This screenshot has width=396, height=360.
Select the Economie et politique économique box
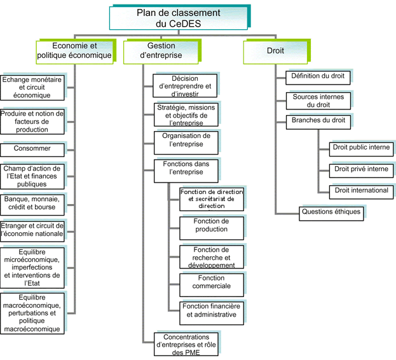click(74, 51)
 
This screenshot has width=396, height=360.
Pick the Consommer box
click(34, 149)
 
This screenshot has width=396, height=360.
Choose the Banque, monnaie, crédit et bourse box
click(34, 202)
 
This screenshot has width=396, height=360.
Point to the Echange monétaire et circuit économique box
click(34, 87)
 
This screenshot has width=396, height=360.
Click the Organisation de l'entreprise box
click(186, 141)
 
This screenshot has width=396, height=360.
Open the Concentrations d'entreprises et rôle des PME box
click(186, 344)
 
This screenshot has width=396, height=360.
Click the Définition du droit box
click(317, 76)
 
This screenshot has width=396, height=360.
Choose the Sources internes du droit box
click(318, 100)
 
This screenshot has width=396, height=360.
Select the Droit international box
click(360, 190)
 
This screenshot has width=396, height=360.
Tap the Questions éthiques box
click(331, 212)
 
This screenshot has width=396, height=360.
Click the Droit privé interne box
click(360, 169)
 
